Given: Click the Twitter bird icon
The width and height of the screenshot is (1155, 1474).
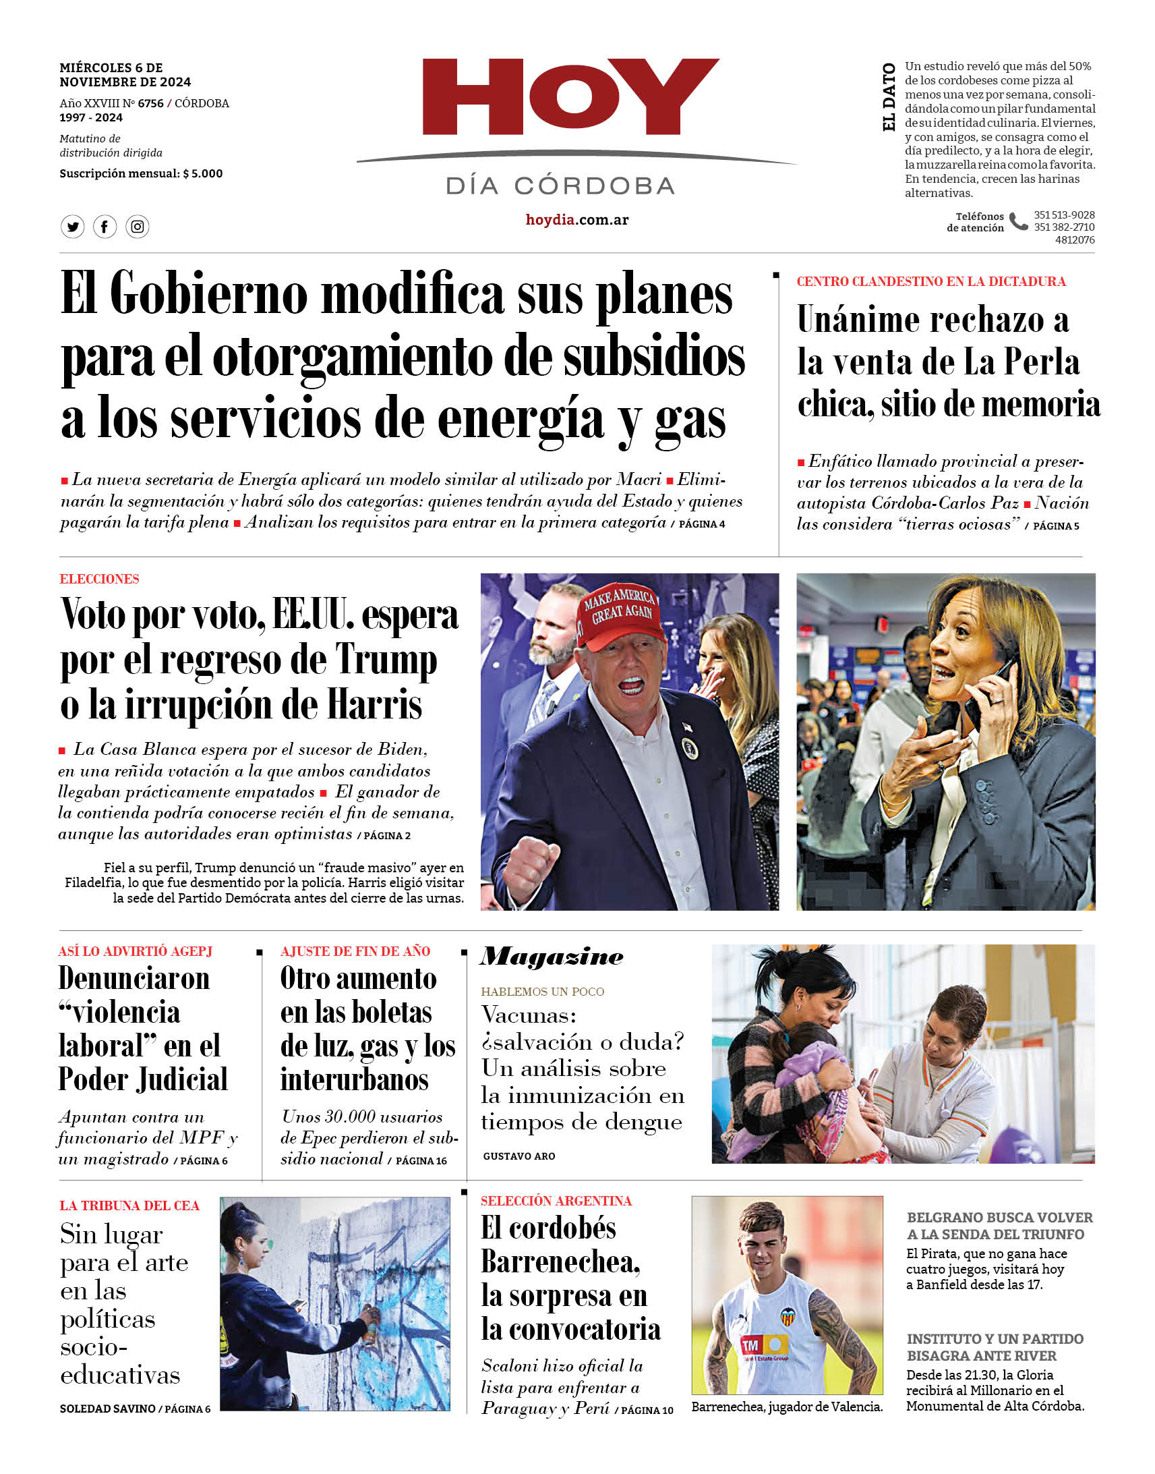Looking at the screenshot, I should [x=72, y=227].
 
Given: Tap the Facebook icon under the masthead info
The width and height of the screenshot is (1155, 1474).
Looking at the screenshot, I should [x=105, y=227].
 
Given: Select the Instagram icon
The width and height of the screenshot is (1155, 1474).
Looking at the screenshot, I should [x=138, y=227].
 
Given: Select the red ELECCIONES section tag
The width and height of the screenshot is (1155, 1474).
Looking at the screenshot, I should [x=99, y=579].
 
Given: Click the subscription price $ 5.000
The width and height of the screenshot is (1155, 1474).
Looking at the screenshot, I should [x=202, y=173].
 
